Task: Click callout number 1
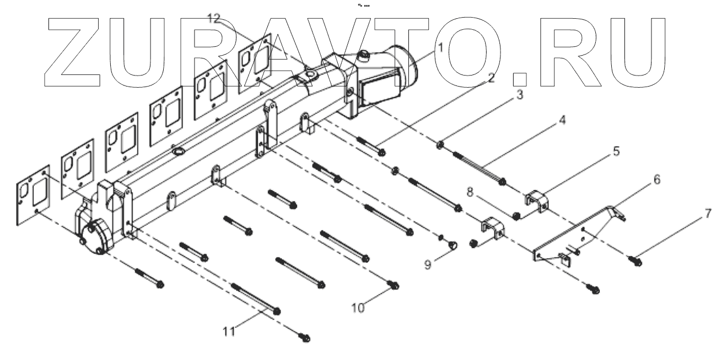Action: click(x=440, y=47)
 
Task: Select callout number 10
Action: click(x=358, y=308)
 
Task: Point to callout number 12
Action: click(x=214, y=19)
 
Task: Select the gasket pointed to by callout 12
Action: click(x=256, y=58)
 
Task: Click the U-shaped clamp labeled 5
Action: click(x=534, y=201)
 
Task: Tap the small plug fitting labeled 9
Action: click(x=451, y=244)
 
